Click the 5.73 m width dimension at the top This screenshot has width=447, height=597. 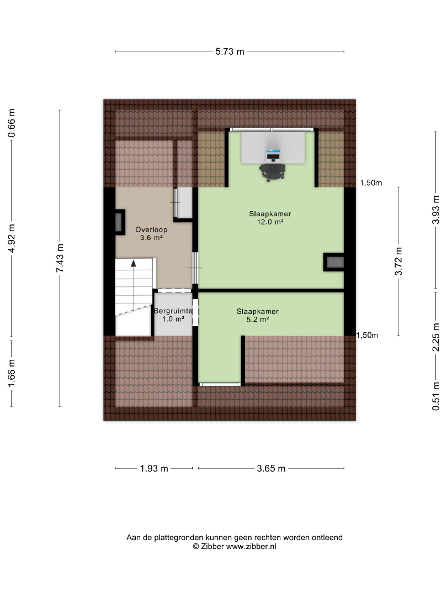point(230,51)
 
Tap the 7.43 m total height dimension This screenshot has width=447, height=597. point(60,258)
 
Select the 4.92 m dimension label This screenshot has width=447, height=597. point(12,238)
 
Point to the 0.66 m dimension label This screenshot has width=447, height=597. point(12,123)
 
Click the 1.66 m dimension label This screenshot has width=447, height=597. point(12,373)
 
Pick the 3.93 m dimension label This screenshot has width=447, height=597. point(436,210)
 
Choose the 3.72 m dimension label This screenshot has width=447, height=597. point(398,261)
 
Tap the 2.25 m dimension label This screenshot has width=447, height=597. point(436,337)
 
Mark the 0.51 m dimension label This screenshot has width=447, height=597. point(436,396)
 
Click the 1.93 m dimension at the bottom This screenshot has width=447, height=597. point(154,468)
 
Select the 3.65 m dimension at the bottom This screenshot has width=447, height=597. point(271,468)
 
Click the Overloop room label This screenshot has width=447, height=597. point(151,229)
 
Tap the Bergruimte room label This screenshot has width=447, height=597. point(173,311)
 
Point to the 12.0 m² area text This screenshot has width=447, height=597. point(270,222)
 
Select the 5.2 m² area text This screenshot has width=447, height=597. point(258,320)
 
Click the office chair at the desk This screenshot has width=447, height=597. point(273,172)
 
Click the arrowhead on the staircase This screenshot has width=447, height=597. point(134,263)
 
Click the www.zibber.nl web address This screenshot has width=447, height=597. point(251,547)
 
